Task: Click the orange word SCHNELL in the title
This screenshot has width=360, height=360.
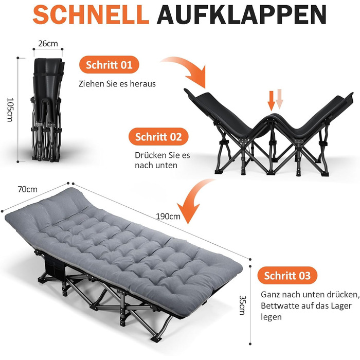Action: pyautogui.click(x=91, y=14)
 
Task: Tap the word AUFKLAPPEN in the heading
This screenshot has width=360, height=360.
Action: pyautogui.click(x=241, y=14)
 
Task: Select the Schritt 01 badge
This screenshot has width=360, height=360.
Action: pyautogui.click(x=109, y=65)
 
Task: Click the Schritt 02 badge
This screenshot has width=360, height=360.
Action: pyautogui.click(x=158, y=137)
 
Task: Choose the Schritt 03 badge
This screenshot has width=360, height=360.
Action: pyautogui.click(x=287, y=275)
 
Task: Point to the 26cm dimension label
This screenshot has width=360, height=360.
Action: pyautogui.click(x=48, y=43)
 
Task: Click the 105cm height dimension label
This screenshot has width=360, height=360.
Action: pyautogui.click(x=10, y=110)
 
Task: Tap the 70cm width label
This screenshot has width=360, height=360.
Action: pyautogui.click(x=27, y=189)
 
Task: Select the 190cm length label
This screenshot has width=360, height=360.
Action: pyautogui.click(x=168, y=217)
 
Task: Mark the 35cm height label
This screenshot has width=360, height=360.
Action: pyautogui.click(x=242, y=305)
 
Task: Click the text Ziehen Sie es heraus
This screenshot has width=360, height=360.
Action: pyautogui.click(x=117, y=83)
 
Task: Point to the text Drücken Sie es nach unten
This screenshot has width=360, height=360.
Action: pyautogui.click(x=163, y=160)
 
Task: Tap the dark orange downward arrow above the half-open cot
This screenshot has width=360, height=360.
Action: pyautogui.click(x=272, y=101)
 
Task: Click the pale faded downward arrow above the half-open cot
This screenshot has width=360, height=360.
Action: pyautogui.click(x=279, y=99)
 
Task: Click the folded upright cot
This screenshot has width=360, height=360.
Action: pyautogui.click(x=47, y=110)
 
